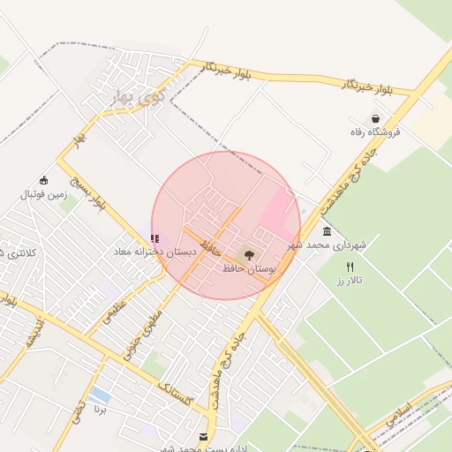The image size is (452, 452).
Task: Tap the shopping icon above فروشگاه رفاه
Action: [376, 118]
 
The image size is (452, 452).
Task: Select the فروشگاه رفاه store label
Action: [376, 132]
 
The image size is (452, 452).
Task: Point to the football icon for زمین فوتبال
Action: [43, 180]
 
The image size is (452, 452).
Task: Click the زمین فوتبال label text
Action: [42, 193]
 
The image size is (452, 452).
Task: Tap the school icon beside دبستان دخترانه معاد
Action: [155, 238]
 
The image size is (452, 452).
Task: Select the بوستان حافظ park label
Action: [249, 267]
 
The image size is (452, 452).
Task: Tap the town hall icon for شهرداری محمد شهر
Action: [328, 231]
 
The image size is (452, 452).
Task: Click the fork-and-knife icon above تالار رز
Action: [350, 267]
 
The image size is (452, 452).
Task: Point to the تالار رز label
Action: [350, 280]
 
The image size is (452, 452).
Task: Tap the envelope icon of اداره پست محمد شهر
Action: [204, 437]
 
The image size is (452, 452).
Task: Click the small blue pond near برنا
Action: [102, 395]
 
